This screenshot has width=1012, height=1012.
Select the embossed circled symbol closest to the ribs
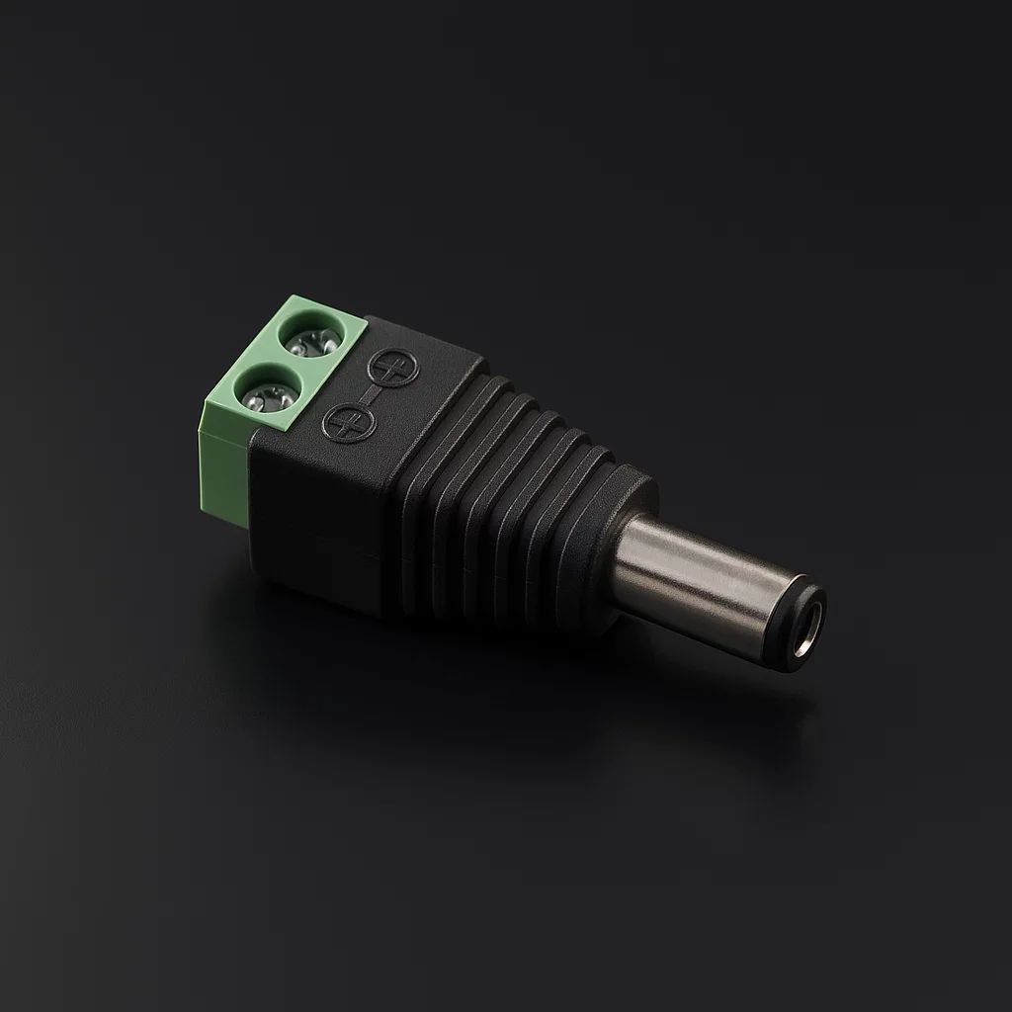coord(393,368)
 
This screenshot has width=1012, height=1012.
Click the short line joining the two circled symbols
coord(372,395)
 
